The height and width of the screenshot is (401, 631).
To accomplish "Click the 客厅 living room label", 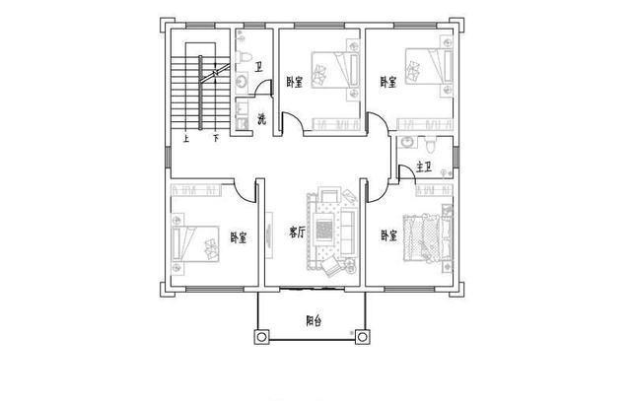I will click(296, 234).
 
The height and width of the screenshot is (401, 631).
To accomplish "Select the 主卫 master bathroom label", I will click(427, 167).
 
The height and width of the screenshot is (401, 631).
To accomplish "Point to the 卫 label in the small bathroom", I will click(258, 68).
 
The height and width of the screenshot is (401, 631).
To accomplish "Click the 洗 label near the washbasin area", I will click(261, 119).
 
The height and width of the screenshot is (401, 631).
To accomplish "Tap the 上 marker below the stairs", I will click(185, 139).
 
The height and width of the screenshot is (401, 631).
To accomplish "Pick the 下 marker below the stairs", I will click(215, 139).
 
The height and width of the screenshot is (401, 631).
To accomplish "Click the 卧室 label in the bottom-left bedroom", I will click(239, 236).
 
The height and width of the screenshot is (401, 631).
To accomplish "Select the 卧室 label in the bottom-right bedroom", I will click(389, 236).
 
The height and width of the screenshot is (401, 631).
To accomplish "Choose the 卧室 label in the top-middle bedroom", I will click(294, 82).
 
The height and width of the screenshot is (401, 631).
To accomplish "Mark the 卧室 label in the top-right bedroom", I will click(388, 82).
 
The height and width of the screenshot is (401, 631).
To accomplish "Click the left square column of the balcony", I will click(261, 339).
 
